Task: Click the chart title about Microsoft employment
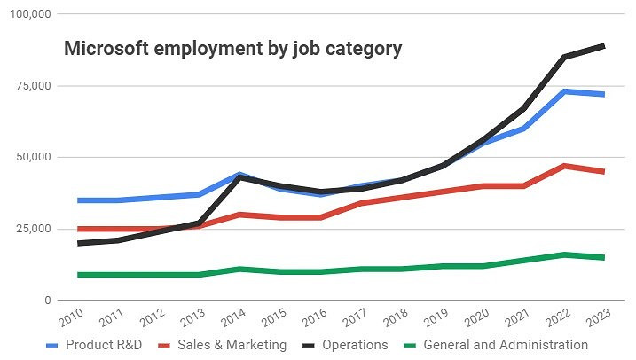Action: (x=232, y=49)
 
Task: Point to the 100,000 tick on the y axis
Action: (x=28, y=14)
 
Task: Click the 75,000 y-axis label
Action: (x=32, y=86)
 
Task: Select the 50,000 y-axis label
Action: (x=32, y=157)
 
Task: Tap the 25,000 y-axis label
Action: (x=32, y=229)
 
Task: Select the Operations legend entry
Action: (x=346, y=345)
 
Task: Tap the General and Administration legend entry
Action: (x=497, y=345)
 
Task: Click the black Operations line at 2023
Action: (x=604, y=45)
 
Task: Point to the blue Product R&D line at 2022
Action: (x=563, y=91)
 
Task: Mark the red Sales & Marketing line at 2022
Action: (x=563, y=166)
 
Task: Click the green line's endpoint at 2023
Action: (x=604, y=258)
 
